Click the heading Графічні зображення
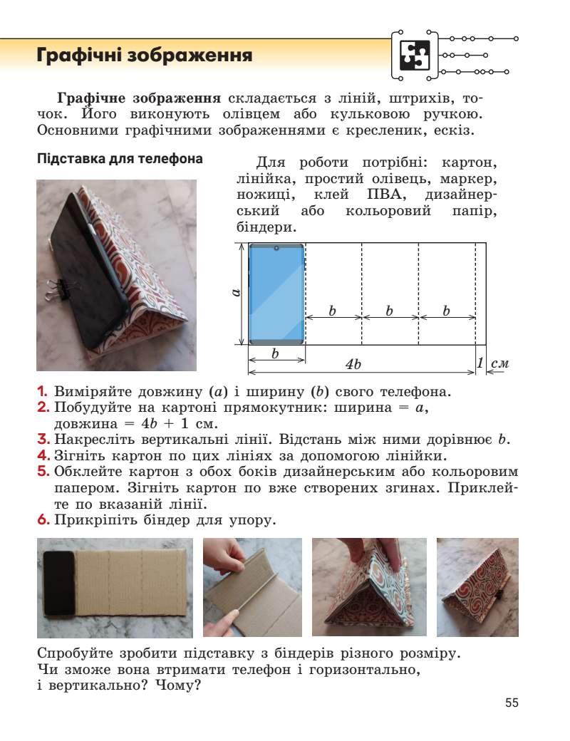(145, 55)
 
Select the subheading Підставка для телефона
(120, 159)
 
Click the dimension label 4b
(353, 364)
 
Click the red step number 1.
(42, 392)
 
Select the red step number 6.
(42, 520)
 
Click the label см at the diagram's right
(500, 363)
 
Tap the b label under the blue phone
(276, 353)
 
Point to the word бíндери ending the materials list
(264, 228)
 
